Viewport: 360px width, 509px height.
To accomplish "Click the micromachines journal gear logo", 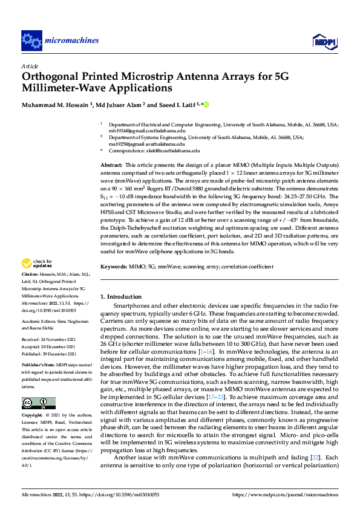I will [x=31, y=40].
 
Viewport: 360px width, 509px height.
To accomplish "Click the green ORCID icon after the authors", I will [x=206, y=105].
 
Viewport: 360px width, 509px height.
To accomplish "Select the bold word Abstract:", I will [x=111, y=165].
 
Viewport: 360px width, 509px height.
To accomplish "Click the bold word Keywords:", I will [x=114, y=267].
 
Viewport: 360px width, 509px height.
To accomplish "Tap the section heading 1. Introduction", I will [x=120, y=297].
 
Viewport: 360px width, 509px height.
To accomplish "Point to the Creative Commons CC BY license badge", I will [x=38, y=403].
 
